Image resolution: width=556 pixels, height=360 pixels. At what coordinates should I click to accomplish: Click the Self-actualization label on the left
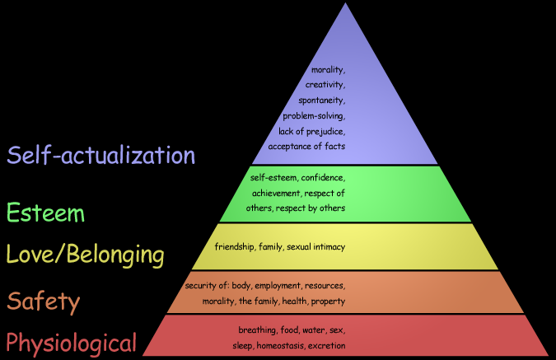point(100,155)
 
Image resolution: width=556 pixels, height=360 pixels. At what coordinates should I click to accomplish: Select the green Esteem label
point(45,213)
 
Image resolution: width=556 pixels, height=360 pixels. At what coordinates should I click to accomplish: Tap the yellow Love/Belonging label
point(85,255)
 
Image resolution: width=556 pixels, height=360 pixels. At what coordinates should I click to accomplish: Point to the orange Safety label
point(44,302)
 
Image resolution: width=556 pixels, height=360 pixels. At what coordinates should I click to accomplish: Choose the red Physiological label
point(71,342)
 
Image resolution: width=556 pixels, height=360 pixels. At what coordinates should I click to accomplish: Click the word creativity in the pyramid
point(325,85)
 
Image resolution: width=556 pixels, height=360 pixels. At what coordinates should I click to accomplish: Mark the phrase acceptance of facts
point(306,146)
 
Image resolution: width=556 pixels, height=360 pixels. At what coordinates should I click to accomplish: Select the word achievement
point(277,193)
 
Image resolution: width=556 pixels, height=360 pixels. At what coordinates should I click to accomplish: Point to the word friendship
point(234,246)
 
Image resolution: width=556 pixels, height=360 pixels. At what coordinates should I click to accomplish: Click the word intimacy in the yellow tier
point(328,246)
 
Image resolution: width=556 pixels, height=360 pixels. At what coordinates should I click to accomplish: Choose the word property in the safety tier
point(329,301)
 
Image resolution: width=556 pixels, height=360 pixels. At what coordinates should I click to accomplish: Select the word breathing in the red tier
point(256,330)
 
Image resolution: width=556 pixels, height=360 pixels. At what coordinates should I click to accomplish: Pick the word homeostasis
point(279,345)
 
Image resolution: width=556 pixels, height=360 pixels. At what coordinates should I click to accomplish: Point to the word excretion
point(326,345)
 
